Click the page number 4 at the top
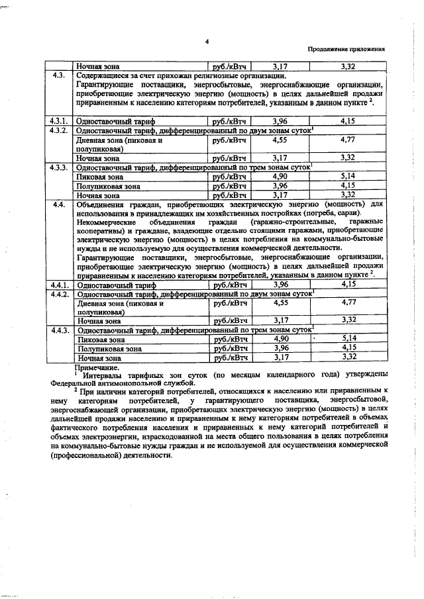click(x=207, y=42)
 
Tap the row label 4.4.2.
click(x=58, y=293)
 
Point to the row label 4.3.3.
click(x=58, y=168)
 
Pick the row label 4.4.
click(x=58, y=205)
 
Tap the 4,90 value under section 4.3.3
click(x=280, y=177)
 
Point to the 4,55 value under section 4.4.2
click(x=280, y=302)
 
